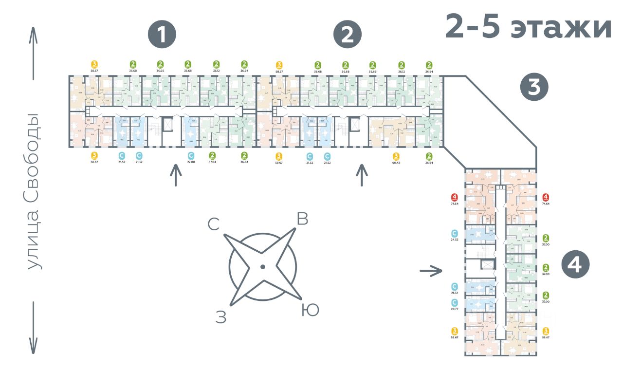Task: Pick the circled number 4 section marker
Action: point(575,265)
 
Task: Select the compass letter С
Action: point(213,224)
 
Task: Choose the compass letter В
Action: point(302,220)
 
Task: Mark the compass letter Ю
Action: point(310,310)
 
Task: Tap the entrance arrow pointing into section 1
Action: point(175,175)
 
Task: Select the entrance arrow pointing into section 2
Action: point(361,175)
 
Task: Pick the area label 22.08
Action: point(191,162)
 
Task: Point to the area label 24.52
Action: point(454,240)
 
